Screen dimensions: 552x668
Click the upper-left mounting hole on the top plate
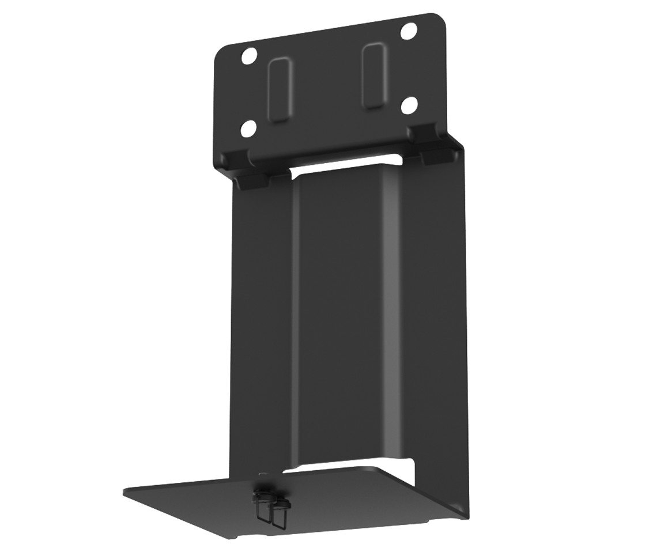[x=249, y=56]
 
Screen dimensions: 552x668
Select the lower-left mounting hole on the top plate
[x=249, y=127]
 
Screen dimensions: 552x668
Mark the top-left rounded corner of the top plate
[x=220, y=52]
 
